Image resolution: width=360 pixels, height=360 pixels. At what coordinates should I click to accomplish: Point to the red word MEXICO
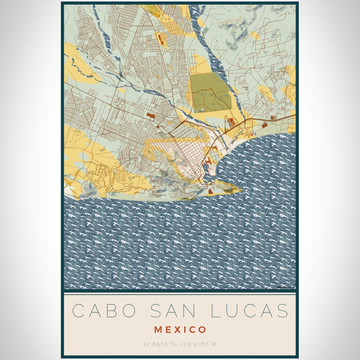coord(180,329)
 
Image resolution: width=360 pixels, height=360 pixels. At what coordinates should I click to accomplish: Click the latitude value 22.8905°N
coord(158,343)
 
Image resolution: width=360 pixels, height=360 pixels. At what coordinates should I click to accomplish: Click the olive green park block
coord(211,92)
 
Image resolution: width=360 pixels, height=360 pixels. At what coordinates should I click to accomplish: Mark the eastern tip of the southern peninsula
coord(240,191)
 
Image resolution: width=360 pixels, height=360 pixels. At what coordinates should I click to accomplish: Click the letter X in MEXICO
coord(180,329)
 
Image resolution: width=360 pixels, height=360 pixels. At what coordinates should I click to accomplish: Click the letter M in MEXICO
coord(158,329)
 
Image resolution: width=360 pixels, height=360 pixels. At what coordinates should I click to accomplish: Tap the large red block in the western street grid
coord(150,114)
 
